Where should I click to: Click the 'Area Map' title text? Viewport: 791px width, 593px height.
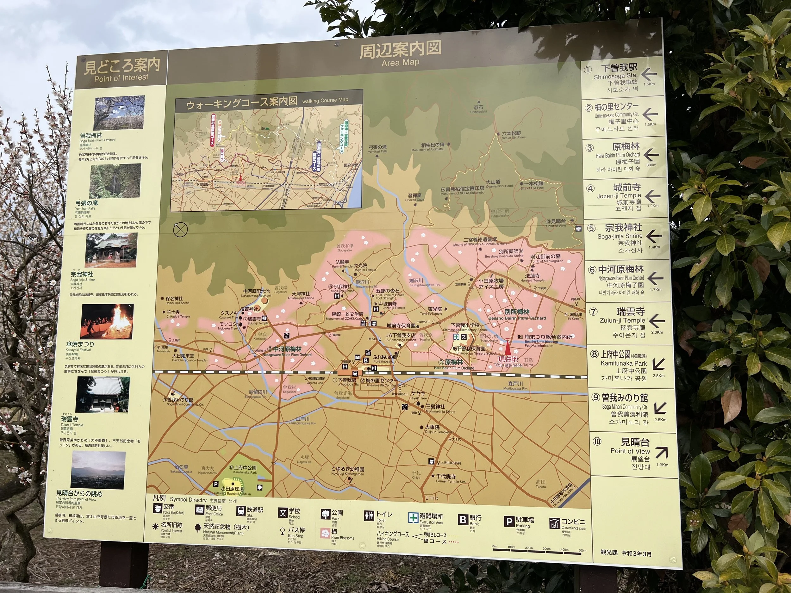tap(400, 63)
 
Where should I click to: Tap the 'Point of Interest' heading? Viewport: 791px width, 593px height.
tap(121, 77)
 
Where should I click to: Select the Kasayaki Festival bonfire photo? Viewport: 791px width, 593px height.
tap(107, 321)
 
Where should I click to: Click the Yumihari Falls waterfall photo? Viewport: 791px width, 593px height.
tap(115, 181)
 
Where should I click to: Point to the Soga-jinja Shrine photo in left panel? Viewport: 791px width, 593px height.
tap(111, 250)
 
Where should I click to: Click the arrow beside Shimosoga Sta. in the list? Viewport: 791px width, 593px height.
tap(649, 74)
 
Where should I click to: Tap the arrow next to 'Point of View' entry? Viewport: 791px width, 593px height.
tap(661, 453)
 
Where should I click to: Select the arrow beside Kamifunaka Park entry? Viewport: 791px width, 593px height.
tap(658, 364)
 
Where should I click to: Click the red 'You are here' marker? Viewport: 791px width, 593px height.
tap(508, 348)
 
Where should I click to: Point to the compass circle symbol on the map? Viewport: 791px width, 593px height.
tap(180, 230)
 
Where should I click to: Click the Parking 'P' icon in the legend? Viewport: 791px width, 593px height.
tap(508, 522)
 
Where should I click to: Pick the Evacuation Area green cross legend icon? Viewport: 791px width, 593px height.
tap(413, 517)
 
